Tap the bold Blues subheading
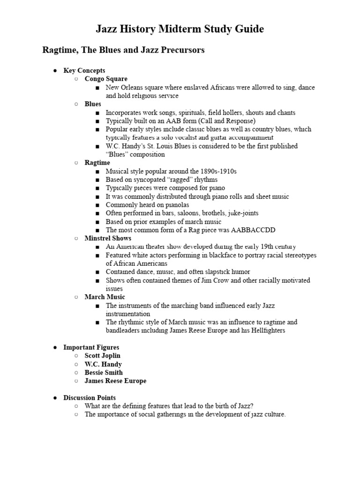tap(93, 104)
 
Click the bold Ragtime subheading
tap(97, 163)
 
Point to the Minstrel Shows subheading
tap(108, 238)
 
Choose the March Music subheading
tap(105, 297)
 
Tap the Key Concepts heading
tap(84, 70)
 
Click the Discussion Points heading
tap(90, 397)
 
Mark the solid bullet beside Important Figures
tap(55, 347)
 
